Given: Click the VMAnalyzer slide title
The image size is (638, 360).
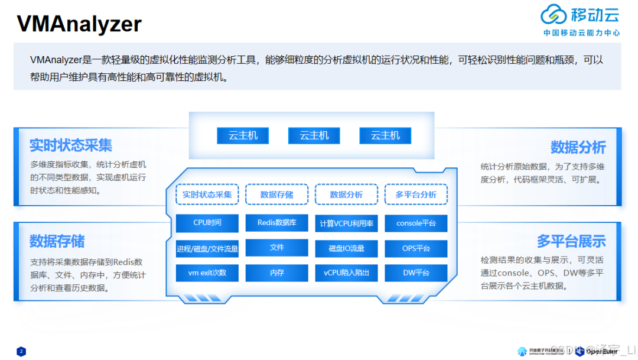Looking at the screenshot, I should pos(79,24).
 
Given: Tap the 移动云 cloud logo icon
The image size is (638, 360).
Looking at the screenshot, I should pos(554,15).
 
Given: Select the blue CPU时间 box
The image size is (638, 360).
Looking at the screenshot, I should pos(207,223).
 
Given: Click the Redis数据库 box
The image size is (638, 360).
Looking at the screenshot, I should pos(276,223).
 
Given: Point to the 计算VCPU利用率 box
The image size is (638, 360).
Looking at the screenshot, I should pos(346,223).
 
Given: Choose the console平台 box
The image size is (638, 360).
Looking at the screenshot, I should pos(416,223).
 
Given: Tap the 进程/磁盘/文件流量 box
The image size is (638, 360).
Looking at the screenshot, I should pos(207,248).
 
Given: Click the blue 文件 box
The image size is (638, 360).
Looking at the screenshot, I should pos(276,248).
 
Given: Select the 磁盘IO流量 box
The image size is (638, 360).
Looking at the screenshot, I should pos(346,248).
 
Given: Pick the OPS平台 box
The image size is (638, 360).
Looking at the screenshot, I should pos(416,248).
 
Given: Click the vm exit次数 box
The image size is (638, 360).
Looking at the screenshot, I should pos(207,273).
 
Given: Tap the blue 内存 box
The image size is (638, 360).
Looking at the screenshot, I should pos(276,273).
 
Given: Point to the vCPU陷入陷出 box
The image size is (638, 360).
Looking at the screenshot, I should pos(346,273).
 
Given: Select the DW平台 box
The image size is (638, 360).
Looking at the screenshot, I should pos(416,273).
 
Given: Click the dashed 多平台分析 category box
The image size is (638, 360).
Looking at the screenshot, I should pos(416,194).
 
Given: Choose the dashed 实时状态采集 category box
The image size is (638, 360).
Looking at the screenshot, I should pos(207,194).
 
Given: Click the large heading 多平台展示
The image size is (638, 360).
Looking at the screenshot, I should pos(571,241).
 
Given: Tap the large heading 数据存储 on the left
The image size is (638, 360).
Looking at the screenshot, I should pos(57,241).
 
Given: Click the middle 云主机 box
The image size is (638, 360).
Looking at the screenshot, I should pos(314,135).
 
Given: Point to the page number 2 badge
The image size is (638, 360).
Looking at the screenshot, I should pos(21,351).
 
